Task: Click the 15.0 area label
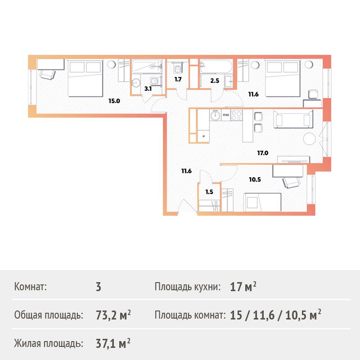[x=114, y=101]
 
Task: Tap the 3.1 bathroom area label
[x=148, y=89]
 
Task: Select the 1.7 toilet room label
[x=178, y=80]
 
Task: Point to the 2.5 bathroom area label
[x=215, y=81]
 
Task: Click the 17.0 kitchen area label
[x=263, y=153]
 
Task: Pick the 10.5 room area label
[x=255, y=180]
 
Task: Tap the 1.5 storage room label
[x=209, y=192]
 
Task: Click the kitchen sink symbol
[x=215, y=115]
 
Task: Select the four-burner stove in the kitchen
[x=237, y=115]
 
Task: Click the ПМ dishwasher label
[x=226, y=115]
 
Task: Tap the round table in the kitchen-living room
[x=310, y=139]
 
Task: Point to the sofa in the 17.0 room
[x=293, y=119]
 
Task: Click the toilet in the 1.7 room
[x=178, y=68]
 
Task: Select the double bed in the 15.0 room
[x=85, y=78]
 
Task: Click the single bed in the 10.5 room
[x=262, y=202]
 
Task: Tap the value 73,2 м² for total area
[x=113, y=315]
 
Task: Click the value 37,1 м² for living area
[x=113, y=343]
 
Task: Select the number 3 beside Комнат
[x=99, y=287]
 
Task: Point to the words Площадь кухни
[x=188, y=287]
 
